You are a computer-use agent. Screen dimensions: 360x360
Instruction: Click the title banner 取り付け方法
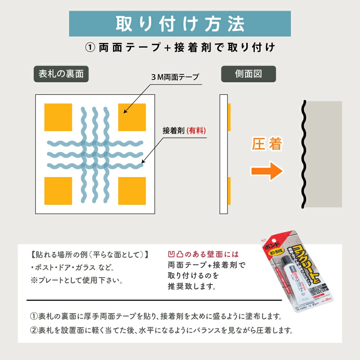pyautogui.click(x=180, y=24)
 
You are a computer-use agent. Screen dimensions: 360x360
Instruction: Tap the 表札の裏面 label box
pyautogui.click(x=60, y=74)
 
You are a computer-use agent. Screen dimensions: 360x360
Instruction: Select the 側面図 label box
pyautogui.click(x=248, y=74)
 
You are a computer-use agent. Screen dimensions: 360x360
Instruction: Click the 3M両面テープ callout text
pyautogui.click(x=175, y=77)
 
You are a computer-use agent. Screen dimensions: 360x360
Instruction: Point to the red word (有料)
pyautogui.click(x=196, y=130)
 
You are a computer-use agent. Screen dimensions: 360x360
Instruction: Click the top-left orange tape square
pyautogui.click(x=58, y=117)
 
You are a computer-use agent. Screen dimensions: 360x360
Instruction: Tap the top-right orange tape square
pyautogui.click(x=132, y=117)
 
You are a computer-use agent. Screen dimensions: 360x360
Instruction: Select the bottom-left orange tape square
pyautogui.click(x=58, y=191)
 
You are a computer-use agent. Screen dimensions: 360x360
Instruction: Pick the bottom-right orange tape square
pyautogui.click(x=132, y=191)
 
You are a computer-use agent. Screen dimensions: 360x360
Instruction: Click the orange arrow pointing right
pyautogui.click(x=267, y=171)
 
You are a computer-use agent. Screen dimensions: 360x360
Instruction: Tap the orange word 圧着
pyautogui.click(x=267, y=145)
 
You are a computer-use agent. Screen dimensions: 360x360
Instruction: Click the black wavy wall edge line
pyautogui.click(x=303, y=155)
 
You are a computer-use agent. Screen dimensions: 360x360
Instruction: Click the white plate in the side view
pyautogui.click(x=224, y=154)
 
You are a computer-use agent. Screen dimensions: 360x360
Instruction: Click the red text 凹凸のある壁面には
pyautogui.click(x=203, y=255)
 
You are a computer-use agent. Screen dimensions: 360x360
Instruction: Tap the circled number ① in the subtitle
pyautogui.click(x=90, y=48)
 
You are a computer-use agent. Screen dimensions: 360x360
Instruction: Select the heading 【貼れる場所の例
pyautogui.click(x=90, y=255)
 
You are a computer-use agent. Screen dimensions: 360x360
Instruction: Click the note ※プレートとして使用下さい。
pyautogui.click(x=77, y=280)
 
